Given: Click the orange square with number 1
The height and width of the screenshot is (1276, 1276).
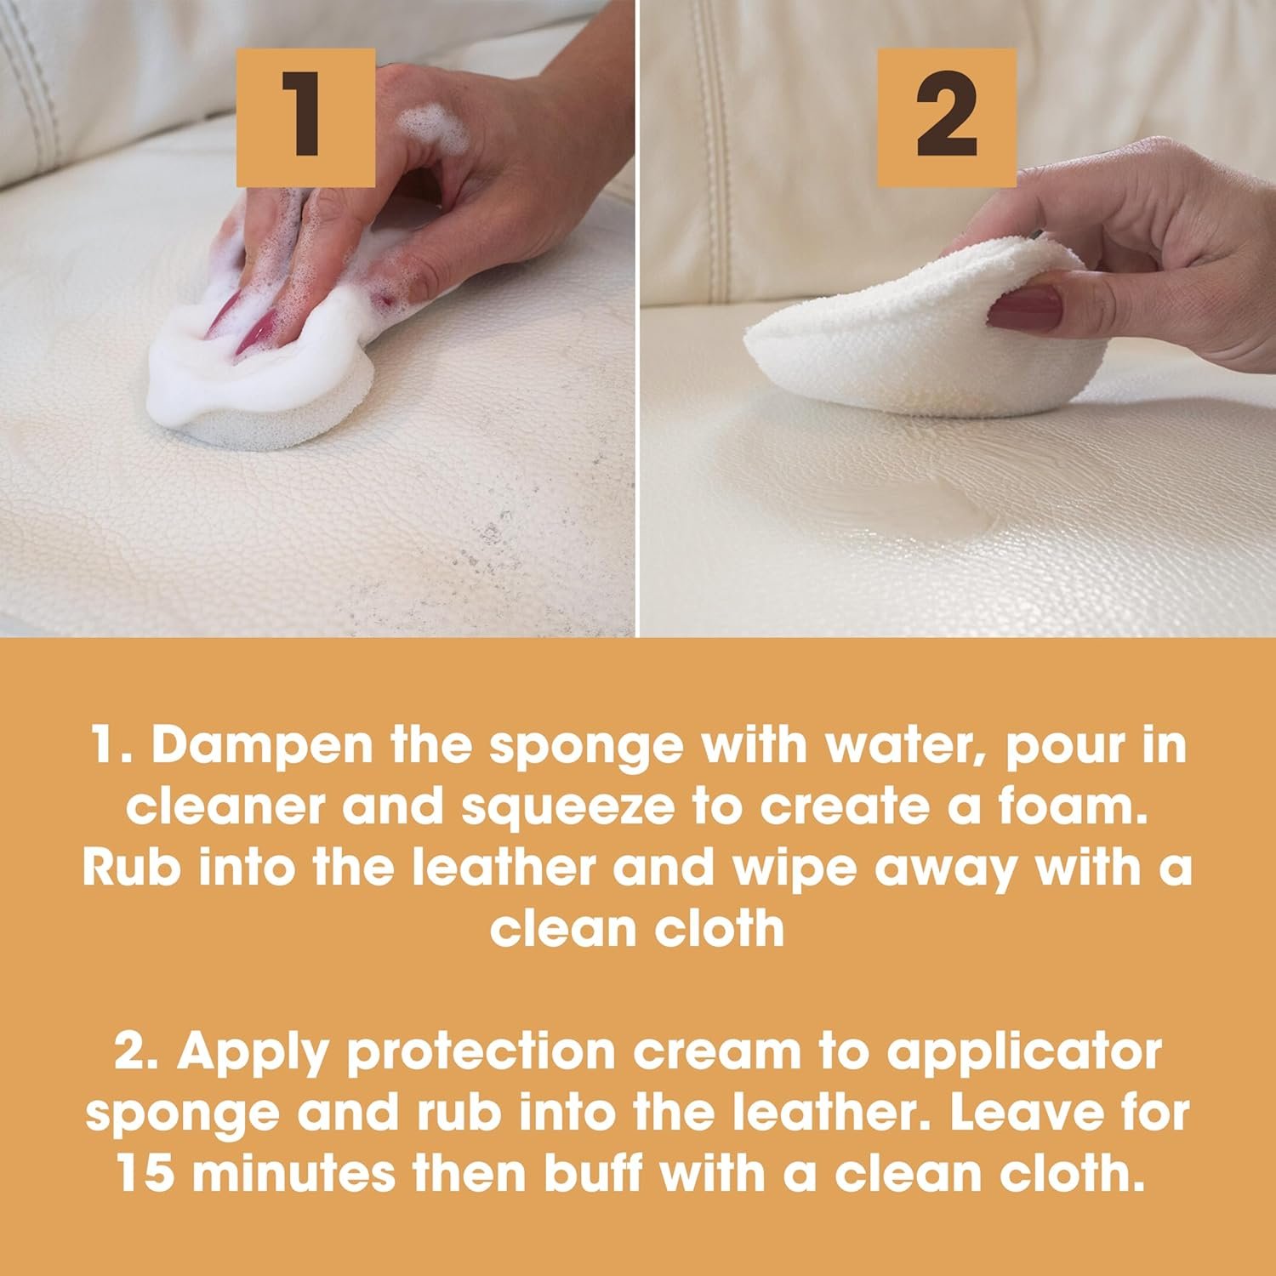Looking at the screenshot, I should (306, 117).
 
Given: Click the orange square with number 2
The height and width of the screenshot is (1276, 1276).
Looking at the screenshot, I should (947, 117).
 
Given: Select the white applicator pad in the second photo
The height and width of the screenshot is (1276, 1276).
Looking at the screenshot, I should (876, 340).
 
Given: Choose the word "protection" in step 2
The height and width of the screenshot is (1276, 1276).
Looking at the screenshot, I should (481, 1051).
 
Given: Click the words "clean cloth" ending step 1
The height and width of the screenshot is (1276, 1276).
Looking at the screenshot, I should (637, 928).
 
